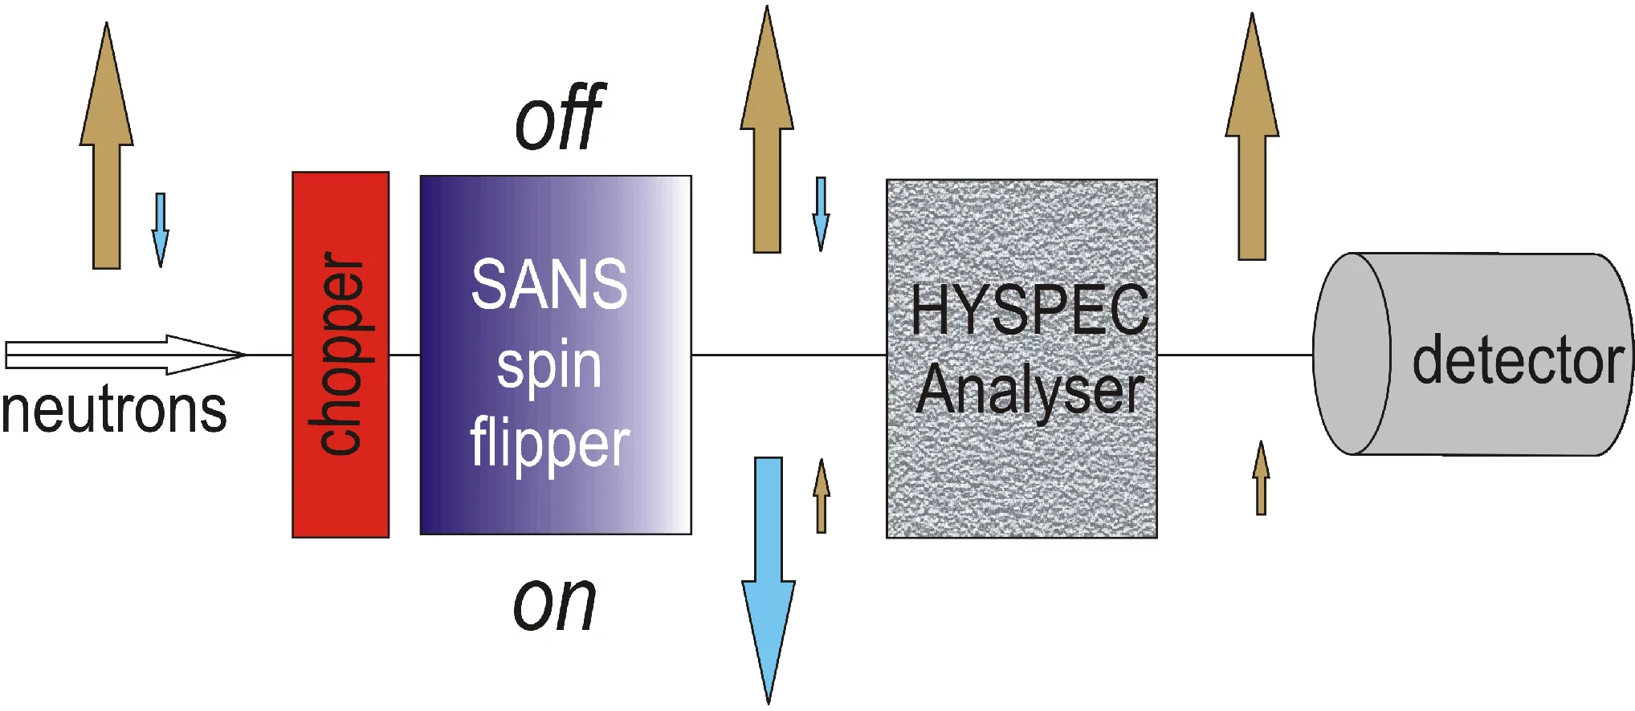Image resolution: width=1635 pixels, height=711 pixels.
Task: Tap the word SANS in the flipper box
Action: click(549, 284)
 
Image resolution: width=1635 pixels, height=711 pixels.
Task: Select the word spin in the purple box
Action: click(549, 367)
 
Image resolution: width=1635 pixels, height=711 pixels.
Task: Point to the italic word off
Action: click(560, 118)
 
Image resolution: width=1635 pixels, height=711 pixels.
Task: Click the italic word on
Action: click(554, 603)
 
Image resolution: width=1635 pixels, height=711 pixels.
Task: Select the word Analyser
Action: click(1030, 391)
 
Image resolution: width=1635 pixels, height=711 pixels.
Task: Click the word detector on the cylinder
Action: click(1518, 360)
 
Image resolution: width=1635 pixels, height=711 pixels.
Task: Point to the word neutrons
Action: click(114, 410)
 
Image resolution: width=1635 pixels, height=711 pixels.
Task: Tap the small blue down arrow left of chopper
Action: click(161, 230)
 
